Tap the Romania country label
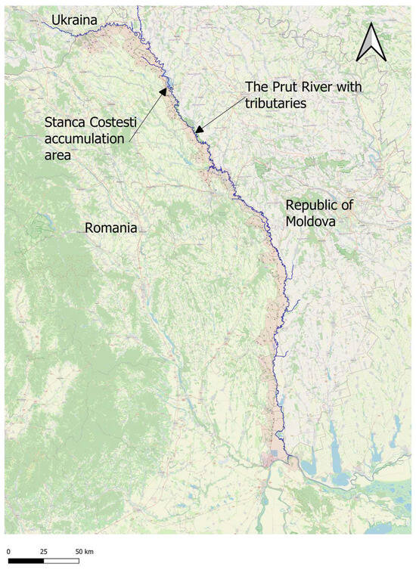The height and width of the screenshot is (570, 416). point(110,228)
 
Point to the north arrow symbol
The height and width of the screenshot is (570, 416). point(371,42)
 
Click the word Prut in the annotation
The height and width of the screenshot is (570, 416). point(285,87)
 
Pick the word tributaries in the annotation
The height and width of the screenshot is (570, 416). point(275,103)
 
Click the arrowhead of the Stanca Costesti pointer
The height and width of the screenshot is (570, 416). point(163,91)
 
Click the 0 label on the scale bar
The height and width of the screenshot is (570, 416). point(8,551)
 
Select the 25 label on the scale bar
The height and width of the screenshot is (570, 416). point(44,551)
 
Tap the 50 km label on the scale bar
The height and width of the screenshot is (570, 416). point(84,551)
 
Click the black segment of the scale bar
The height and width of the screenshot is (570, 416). point(26,562)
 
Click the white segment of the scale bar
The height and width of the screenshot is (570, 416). point(61,562)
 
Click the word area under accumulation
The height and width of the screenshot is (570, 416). point(59,156)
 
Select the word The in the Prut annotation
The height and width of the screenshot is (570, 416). point(256,87)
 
